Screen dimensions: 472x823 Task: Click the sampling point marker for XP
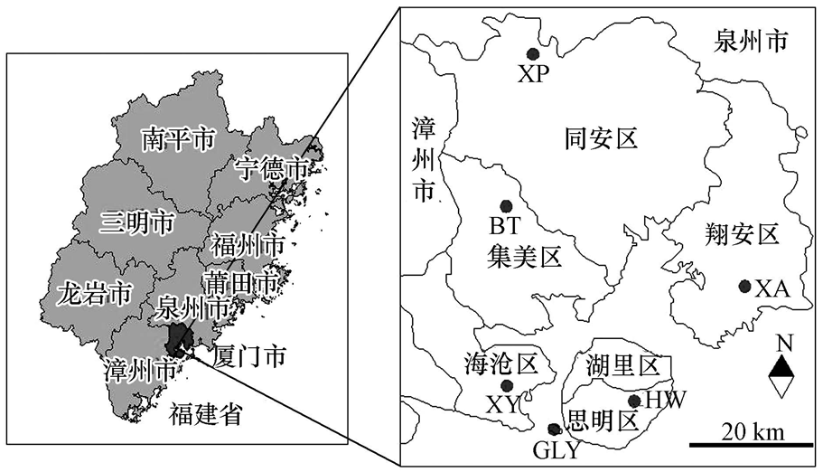pyautogui.click(x=534, y=54)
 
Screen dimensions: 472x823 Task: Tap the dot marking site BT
pyautogui.click(x=506, y=206)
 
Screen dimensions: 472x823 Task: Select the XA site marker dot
pyautogui.click(x=744, y=286)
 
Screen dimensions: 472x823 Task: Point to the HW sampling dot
pyautogui.click(x=634, y=401)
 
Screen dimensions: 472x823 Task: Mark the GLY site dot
pyautogui.click(x=554, y=429)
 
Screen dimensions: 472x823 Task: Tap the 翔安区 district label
pyautogui.click(x=740, y=236)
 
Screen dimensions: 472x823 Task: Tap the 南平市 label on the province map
pyautogui.click(x=179, y=139)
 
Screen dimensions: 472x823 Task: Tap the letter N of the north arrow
pyautogui.click(x=783, y=344)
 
